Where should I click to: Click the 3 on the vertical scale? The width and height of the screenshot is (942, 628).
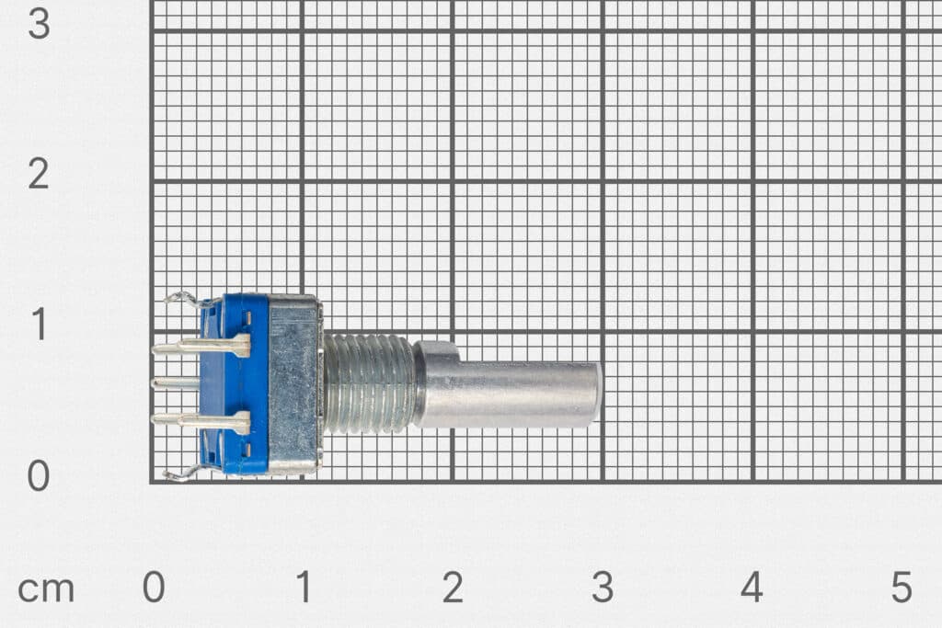(39, 23)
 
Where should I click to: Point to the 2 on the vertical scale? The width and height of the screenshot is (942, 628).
(39, 174)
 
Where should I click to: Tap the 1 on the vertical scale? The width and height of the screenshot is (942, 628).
(39, 325)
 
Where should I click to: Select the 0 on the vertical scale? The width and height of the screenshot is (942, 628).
(39, 475)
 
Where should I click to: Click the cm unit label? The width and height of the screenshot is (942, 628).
(46, 588)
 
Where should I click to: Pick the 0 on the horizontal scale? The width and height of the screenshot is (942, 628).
(154, 588)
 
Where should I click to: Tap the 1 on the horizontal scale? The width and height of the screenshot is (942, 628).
(303, 588)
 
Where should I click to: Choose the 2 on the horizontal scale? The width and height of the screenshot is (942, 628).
(453, 588)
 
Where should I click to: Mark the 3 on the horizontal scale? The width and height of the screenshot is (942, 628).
(603, 588)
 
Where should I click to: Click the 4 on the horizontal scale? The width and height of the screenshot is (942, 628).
(752, 588)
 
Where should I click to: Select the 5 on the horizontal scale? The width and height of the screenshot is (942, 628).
(902, 588)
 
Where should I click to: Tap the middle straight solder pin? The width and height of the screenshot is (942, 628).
(175, 383)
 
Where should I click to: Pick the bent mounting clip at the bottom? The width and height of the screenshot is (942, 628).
(182, 474)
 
